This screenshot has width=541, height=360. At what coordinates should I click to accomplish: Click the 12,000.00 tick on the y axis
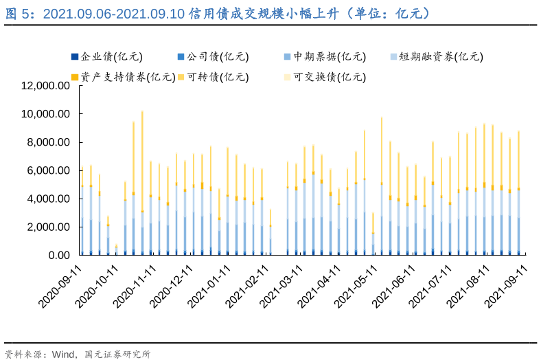46,86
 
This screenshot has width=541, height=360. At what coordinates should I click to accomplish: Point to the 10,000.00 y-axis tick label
46,114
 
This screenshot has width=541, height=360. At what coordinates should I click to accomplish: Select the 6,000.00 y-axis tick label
49,170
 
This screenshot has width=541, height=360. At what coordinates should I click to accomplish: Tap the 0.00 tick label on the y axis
57,255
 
